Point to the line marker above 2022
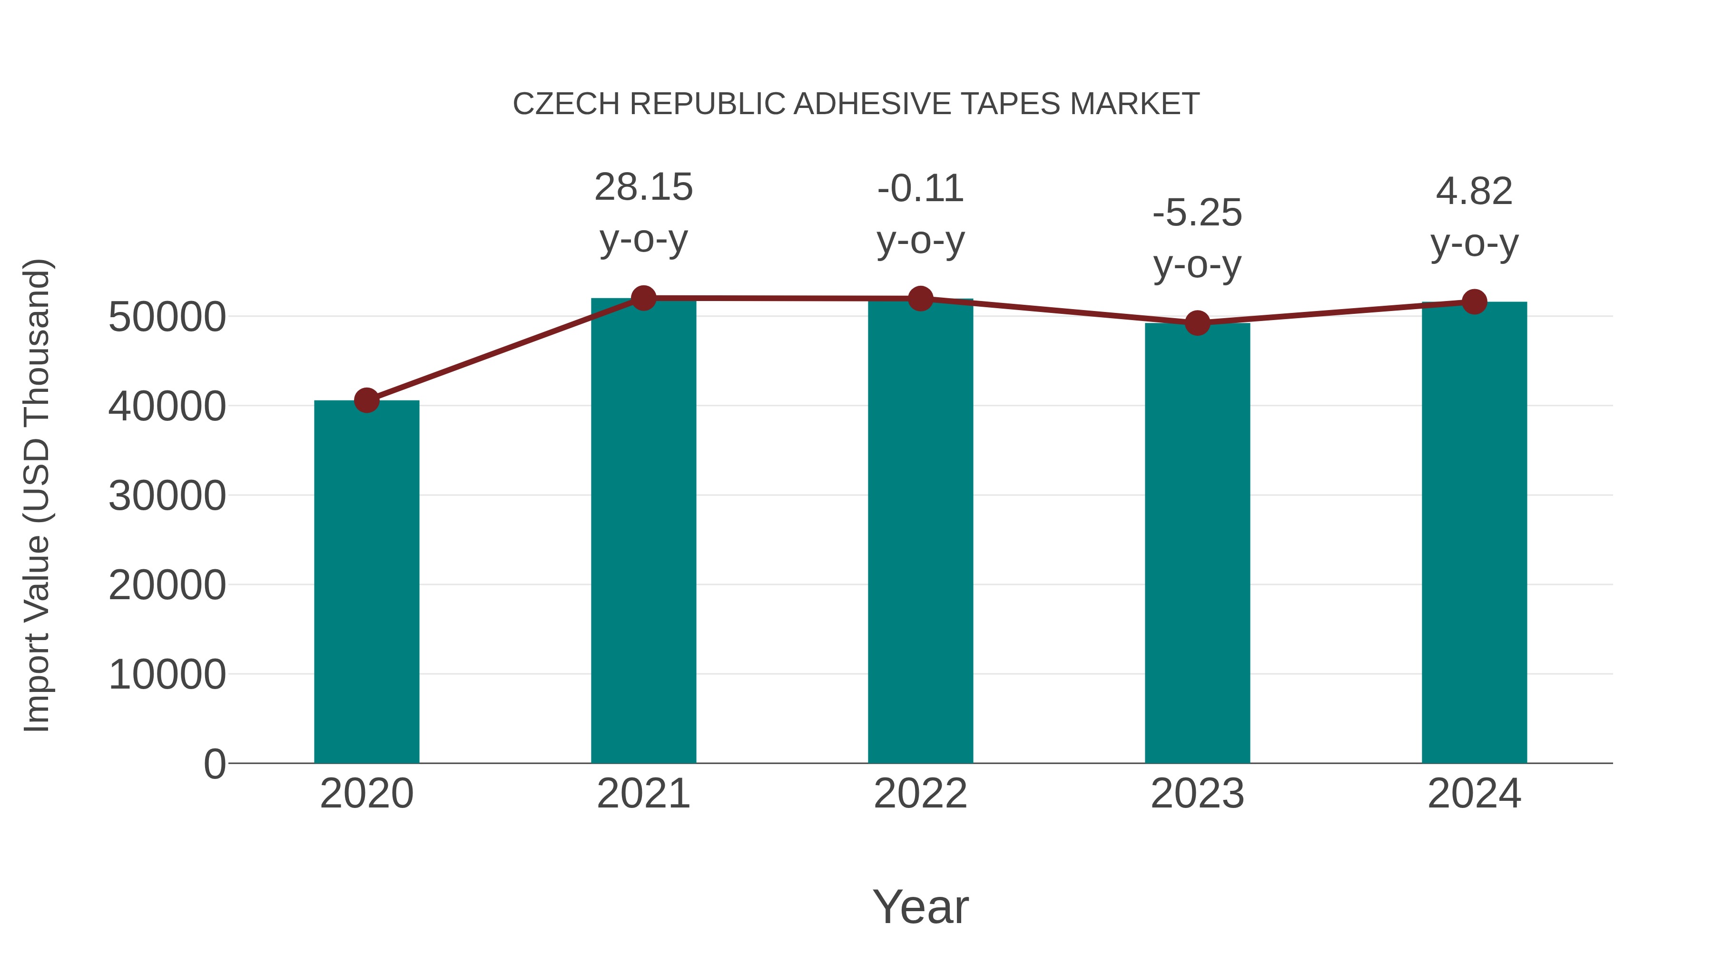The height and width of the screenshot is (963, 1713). [920, 299]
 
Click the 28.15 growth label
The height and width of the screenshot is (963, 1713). [643, 187]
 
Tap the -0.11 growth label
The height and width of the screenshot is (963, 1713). [920, 189]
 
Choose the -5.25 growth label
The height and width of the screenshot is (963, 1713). [1197, 214]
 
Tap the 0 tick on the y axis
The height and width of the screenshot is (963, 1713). [214, 764]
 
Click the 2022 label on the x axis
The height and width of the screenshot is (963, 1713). [920, 794]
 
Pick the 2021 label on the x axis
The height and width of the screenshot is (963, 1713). [643, 794]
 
